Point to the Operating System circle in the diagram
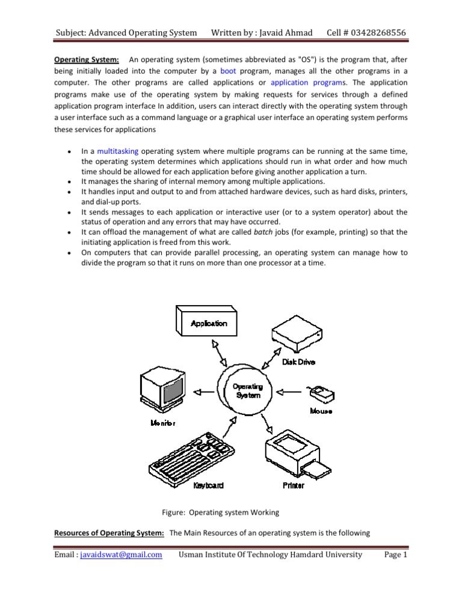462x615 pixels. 247,392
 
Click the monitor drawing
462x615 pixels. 162,390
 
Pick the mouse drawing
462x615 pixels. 321,393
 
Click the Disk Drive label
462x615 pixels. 298,362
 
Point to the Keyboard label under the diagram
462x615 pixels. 209,485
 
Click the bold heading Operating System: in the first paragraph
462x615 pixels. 87,59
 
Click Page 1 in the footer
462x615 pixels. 396,554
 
